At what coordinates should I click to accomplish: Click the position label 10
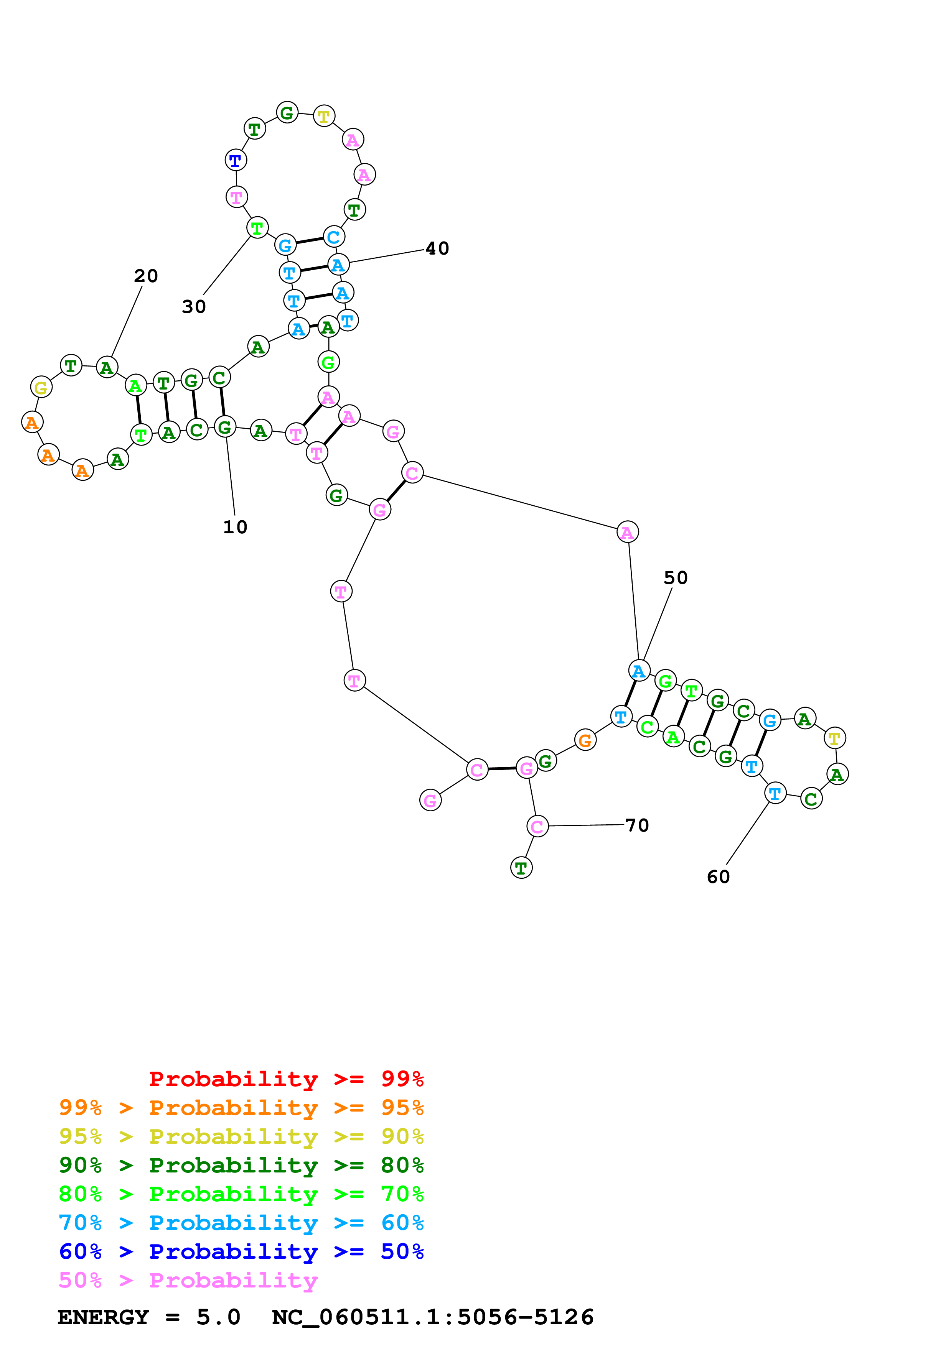tap(235, 527)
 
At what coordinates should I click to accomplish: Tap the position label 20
tap(146, 276)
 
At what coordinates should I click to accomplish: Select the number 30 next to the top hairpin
tap(194, 306)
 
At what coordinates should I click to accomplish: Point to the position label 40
tap(437, 248)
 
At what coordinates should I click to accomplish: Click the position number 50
tap(675, 577)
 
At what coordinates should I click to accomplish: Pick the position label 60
tap(719, 877)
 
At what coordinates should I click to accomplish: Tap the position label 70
tap(637, 825)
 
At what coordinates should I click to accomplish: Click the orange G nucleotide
tap(585, 740)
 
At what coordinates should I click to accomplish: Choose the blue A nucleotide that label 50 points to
tap(639, 670)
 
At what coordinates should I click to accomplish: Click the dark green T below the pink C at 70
tap(521, 868)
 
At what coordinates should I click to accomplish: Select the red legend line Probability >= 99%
tap(286, 1079)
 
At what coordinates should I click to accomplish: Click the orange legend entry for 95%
tap(241, 1108)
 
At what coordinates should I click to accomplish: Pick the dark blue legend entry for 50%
tap(241, 1251)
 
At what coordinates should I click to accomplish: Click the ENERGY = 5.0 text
tap(149, 1317)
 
